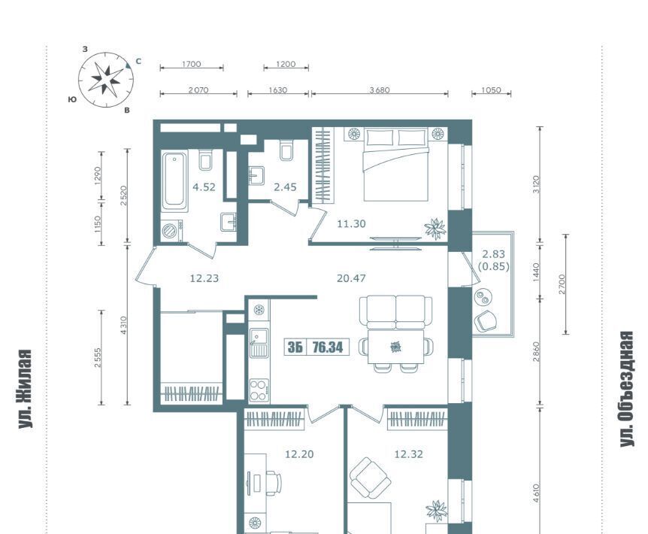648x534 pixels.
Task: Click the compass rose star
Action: [x=106, y=77]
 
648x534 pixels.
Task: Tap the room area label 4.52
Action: [x=204, y=187]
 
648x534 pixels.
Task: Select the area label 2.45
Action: [x=285, y=187]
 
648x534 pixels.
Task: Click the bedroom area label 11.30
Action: [x=351, y=224]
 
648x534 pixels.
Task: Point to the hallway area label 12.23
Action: [x=204, y=278]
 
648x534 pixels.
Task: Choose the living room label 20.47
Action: [x=351, y=278]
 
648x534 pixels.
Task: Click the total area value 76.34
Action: [x=328, y=347]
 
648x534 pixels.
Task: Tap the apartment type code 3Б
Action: [x=295, y=347]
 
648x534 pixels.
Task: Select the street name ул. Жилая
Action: [x=26, y=389]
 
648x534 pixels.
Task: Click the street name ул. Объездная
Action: [x=626, y=389]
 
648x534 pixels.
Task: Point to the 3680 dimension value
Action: [x=380, y=90]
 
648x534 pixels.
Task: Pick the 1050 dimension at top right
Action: [x=491, y=90]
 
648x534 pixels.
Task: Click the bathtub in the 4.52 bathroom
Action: [x=175, y=181]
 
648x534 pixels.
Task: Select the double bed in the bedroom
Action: [x=395, y=165]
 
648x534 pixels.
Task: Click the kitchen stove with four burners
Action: [x=259, y=390]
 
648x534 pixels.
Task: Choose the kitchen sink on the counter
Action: [x=259, y=343]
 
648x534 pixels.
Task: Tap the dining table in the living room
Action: [x=395, y=347]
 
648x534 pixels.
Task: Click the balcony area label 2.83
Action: [x=493, y=254]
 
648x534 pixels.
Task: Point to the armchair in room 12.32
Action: [x=370, y=478]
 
